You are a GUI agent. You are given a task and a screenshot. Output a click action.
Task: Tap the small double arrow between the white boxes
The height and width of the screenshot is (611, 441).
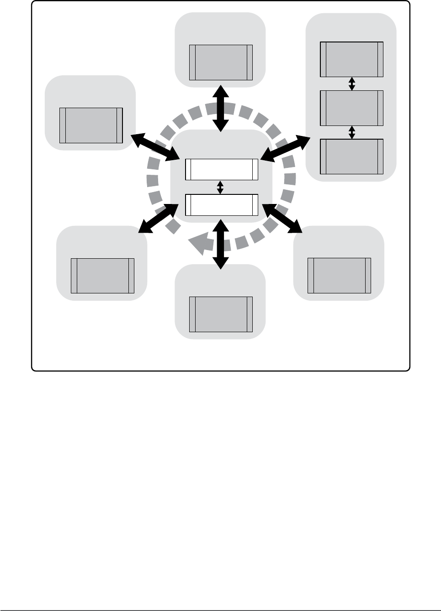click(x=221, y=188)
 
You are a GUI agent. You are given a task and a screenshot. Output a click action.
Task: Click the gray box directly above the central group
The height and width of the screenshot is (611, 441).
click(x=221, y=63)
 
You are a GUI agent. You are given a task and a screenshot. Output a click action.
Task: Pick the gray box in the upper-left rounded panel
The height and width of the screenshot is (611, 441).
click(x=91, y=125)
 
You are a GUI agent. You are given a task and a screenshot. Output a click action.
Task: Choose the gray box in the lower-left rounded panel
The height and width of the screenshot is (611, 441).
click(x=103, y=276)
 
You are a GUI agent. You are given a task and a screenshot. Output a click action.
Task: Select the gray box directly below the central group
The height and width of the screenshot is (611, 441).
click(x=221, y=314)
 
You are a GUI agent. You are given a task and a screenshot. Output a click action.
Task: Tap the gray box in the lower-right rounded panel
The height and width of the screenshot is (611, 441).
click(x=340, y=275)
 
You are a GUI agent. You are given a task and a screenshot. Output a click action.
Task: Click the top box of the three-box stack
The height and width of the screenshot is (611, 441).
click(x=351, y=59)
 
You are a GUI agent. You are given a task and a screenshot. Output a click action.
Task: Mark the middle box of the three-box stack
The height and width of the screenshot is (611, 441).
click(x=351, y=108)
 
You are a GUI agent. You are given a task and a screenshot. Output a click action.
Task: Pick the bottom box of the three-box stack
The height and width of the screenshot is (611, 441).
click(x=351, y=157)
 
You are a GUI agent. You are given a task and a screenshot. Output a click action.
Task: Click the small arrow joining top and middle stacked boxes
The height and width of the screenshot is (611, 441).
click(x=351, y=84)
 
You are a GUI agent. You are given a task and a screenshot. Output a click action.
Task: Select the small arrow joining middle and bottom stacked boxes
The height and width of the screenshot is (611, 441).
click(x=351, y=132)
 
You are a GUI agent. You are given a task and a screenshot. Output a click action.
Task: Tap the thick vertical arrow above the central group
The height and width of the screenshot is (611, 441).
click(x=221, y=108)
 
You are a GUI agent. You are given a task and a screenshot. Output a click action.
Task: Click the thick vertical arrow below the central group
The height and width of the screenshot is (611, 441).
click(x=221, y=244)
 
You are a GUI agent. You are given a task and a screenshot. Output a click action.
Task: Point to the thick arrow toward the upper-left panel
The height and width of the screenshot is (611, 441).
click(x=155, y=146)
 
